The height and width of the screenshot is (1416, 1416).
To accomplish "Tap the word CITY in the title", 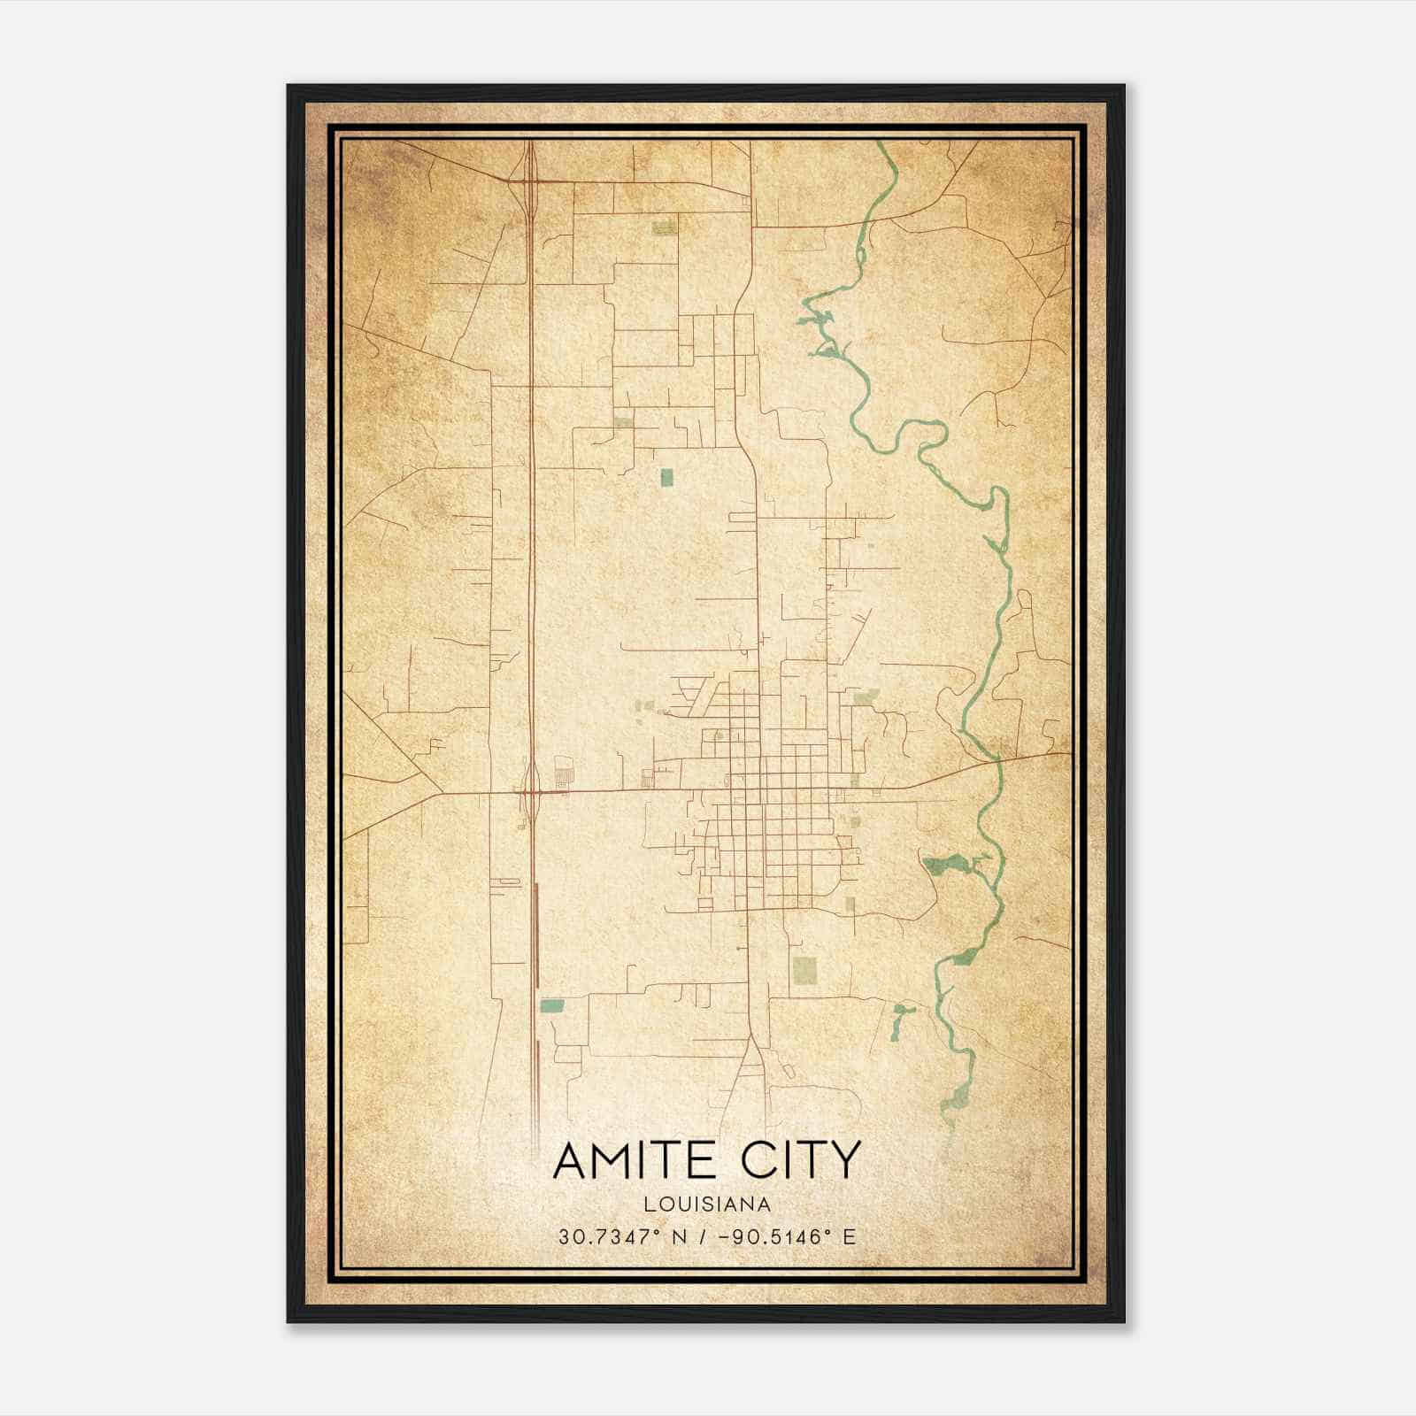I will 802,1160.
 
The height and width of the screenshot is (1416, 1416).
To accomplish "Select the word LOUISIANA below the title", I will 707,1204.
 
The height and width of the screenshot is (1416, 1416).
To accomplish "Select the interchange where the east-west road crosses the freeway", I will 531,791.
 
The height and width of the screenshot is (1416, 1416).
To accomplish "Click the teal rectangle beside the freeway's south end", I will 552,1005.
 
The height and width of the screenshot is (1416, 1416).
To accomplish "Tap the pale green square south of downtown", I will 804,970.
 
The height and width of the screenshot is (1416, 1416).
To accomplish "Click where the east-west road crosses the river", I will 997,759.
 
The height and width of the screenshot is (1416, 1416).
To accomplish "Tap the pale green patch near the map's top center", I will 664,228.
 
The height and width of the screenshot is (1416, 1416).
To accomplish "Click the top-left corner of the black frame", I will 289,86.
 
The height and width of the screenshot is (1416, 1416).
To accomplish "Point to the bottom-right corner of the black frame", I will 1123,1321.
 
